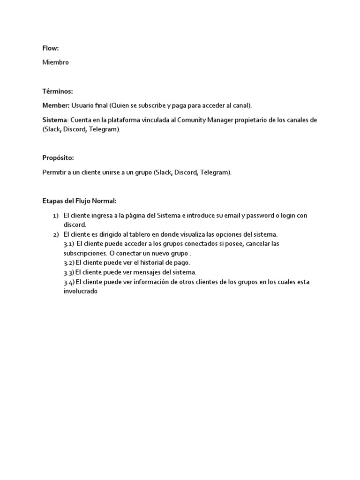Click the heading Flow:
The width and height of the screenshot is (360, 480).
[x=51, y=48]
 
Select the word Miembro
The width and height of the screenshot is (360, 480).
[x=55, y=62]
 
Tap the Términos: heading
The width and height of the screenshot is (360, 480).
[x=58, y=91]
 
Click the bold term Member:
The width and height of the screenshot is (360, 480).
[x=56, y=105]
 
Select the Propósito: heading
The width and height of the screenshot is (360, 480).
[x=58, y=158]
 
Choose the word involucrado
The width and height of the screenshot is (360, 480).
[x=80, y=291]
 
